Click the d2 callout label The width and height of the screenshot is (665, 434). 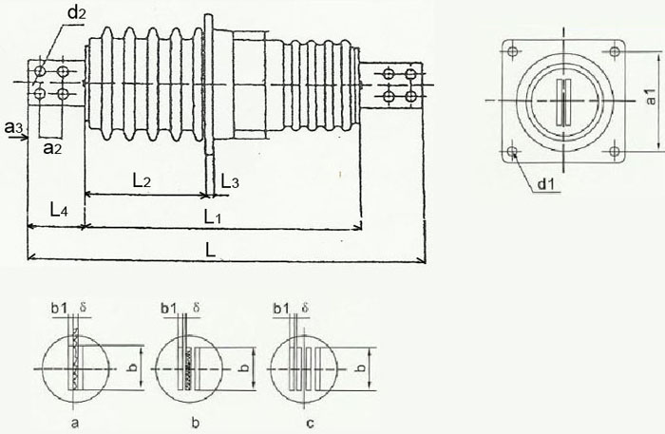click(x=76, y=13)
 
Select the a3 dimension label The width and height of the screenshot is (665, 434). click(x=13, y=126)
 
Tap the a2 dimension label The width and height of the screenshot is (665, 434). click(x=53, y=148)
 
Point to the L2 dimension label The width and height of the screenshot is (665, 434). click(x=142, y=181)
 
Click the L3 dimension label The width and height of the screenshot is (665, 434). click(x=230, y=181)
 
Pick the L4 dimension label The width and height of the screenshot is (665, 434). click(x=59, y=210)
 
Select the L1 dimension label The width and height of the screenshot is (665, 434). click(x=213, y=217)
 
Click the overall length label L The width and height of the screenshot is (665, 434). click(x=211, y=250)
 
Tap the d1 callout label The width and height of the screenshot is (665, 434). click(x=546, y=184)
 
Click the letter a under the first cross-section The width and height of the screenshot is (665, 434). click(x=75, y=423)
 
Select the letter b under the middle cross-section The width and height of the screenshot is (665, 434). click(x=196, y=422)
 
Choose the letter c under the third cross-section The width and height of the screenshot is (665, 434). click(x=310, y=423)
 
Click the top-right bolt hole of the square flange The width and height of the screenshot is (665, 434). click(x=614, y=51)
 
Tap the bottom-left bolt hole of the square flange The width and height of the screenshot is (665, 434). click(x=512, y=151)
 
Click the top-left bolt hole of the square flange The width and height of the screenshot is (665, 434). click(x=512, y=51)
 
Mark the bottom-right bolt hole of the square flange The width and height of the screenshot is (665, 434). click(x=614, y=151)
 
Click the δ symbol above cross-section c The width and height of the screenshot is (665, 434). click(x=305, y=307)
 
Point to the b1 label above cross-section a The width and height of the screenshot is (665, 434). click(x=59, y=308)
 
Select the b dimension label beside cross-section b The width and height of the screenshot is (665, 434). click(x=245, y=367)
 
